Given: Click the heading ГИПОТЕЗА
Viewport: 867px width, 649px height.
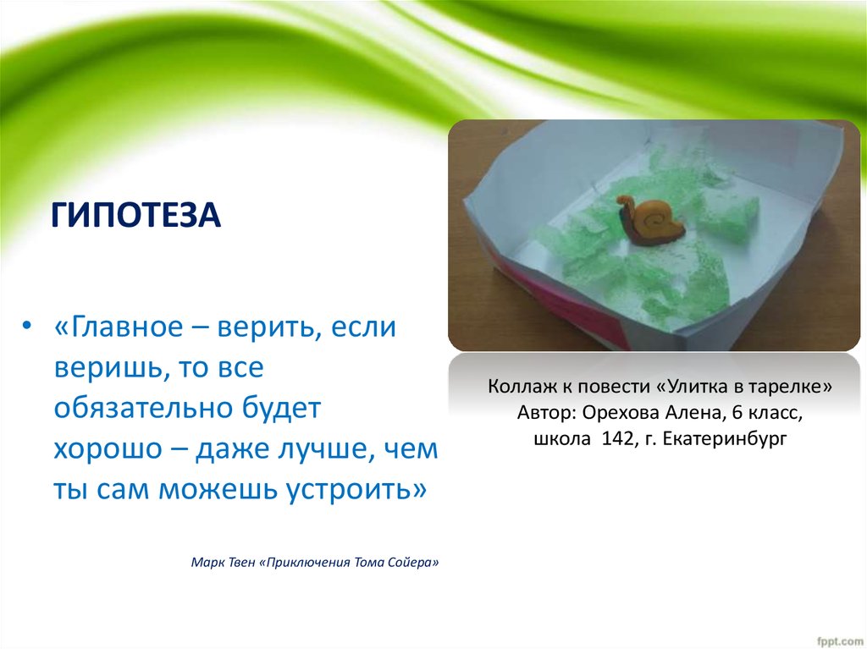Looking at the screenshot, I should click(x=136, y=215).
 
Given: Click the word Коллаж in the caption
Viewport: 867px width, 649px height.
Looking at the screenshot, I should click(x=517, y=387).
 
